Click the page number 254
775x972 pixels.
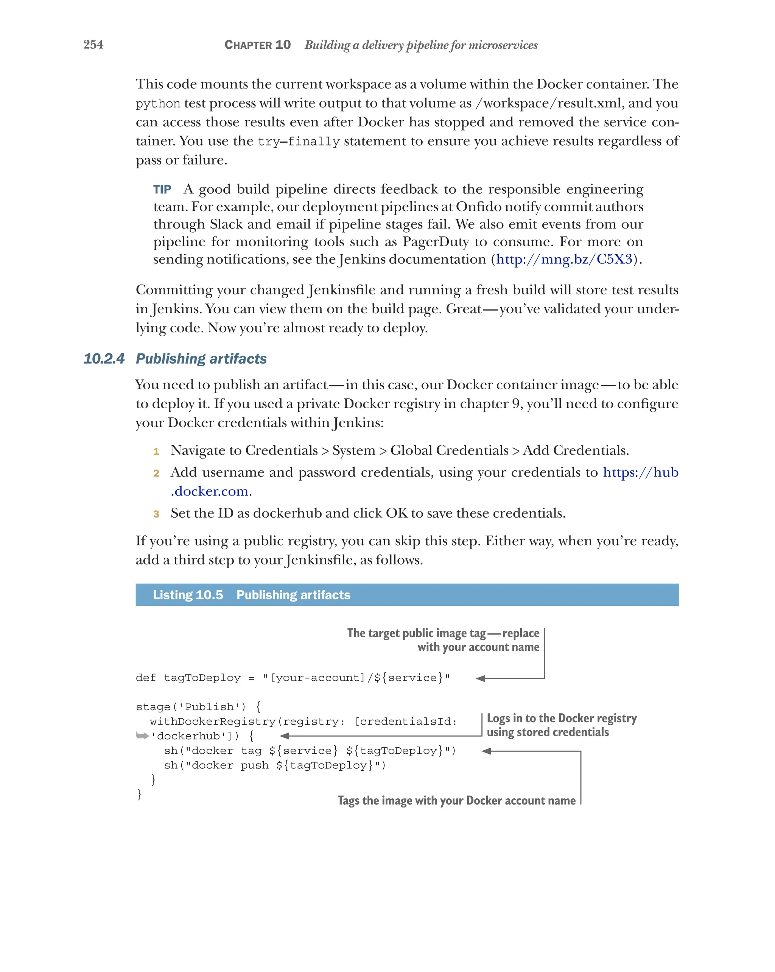pyautogui.click(x=93, y=45)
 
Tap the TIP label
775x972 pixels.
pyautogui.click(x=162, y=189)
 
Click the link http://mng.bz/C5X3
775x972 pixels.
pyautogui.click(x=564, y=259)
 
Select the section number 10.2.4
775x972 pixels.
pyautogui.click(x=104, y=359)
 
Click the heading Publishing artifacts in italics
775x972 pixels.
pyautogui.click(x=201, y=359)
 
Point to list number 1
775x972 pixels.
pyautogui.click(x=156, y=451)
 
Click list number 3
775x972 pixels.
pyautogui.click(x=156, y=514)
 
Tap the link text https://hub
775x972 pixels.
pyautogui.click(x=640, y=473)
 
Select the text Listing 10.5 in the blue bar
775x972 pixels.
pyautogui.click(x=188, y=595)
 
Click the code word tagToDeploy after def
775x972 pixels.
pyautogui.click(x=202, y=678)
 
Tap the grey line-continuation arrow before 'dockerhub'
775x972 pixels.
pyautogui.click(x=142, y=736)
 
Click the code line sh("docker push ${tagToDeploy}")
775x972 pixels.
pyautogui.click(x=275, y=765)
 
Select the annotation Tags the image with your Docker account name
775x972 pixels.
pyautogui.click(x=456, y=801)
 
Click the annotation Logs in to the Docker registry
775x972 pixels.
pyautogui.click(x=561, y=719)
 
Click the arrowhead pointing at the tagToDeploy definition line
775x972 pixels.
pyautogui.click(x=481, y=678)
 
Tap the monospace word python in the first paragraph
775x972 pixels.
pyautogui.click(x=158, y=104)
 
